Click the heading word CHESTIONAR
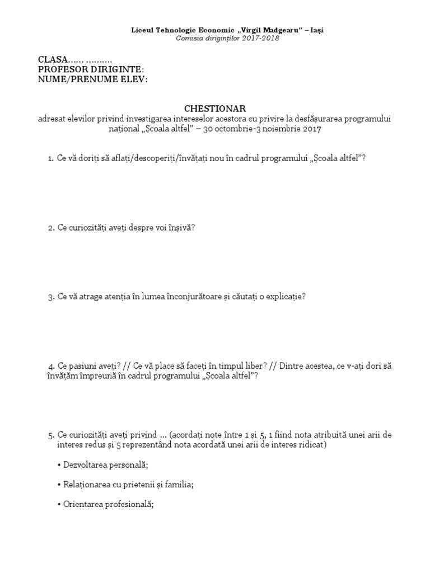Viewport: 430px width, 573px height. click(x=215, y=108)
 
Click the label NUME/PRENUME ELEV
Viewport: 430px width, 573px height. click(x=92, y=79)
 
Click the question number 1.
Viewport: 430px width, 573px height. click(x=50, y=159)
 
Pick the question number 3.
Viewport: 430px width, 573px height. click(x=50, y=297)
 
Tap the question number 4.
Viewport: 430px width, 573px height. click(x=50, y=366)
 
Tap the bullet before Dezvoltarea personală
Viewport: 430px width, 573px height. click(x=59, y=465)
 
